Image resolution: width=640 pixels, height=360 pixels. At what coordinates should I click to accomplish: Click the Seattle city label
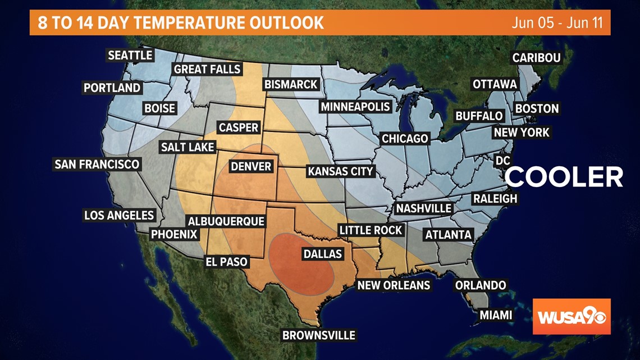(130, 55)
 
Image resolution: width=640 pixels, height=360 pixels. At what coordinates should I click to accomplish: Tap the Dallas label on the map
(322, 254)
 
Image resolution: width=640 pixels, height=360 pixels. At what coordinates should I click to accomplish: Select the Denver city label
(251, 167)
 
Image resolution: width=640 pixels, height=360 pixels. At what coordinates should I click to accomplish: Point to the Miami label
(496, 315)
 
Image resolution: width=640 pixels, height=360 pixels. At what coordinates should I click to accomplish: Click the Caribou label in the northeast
(536, 58)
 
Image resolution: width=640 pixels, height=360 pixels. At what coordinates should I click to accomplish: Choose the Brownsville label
(319, 335)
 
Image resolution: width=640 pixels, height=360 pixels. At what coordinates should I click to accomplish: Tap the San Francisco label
(97, 165)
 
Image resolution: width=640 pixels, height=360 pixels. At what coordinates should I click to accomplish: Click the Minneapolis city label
(355, 107)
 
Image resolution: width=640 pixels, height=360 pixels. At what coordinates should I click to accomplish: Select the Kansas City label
(340, 171)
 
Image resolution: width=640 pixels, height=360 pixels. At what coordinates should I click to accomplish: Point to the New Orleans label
(394, 285)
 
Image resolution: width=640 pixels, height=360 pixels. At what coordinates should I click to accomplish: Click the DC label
(502, 161)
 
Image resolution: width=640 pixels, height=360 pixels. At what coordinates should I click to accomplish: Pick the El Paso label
(227, 262)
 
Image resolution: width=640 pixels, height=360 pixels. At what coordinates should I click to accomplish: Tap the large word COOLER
(564, 177)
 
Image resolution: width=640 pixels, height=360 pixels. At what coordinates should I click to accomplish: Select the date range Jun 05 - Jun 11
(557, 23)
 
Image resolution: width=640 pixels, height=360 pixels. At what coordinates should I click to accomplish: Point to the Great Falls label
(207, 70)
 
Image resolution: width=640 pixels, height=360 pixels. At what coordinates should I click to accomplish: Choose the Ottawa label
(495, 84)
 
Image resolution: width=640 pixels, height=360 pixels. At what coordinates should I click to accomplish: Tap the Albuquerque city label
(226, 221)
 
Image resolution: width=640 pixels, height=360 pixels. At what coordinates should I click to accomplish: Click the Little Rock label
(371, 230)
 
